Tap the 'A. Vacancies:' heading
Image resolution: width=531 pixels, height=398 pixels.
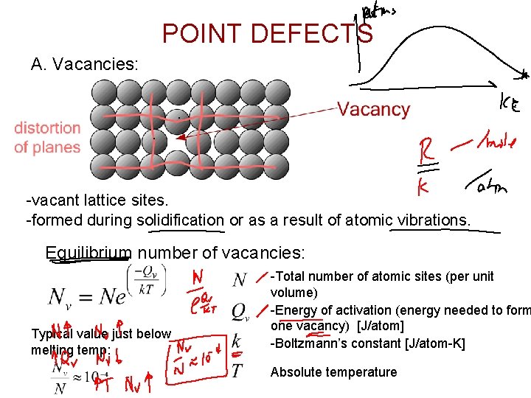click(84, 65)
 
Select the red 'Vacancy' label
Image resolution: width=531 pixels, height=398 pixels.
click(373, 110)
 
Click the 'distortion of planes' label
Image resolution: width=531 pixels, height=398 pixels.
click(47, 138)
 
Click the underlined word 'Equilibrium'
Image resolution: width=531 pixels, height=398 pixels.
click(88, 254)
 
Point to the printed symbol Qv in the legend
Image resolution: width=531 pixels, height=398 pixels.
click(239, 310)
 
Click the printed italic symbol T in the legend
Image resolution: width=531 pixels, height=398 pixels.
click(237, 371)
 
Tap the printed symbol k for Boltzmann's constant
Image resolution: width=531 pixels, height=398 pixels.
click(236, 342)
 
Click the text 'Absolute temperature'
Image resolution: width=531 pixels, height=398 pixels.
click(333, 372)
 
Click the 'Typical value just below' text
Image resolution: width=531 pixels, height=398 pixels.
click(101, 334)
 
